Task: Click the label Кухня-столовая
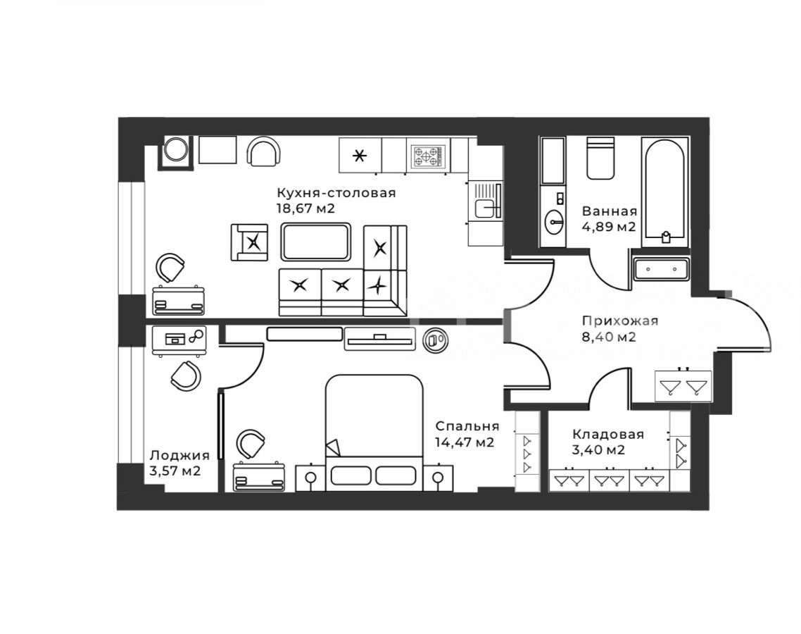[x=336, y=193]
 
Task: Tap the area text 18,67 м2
[x=305, y=209]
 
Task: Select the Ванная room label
[x=610, y=211]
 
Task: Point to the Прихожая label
[x=620, y=321]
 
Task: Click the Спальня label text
[x=467, y=426]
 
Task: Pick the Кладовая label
[x=608, y=435]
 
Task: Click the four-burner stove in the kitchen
[x=428, y=156]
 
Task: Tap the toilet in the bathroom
[x=600, y=158]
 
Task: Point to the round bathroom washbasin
[x=554, y=221]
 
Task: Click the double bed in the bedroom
[x=374, y=433]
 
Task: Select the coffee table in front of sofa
[x=316, y=242]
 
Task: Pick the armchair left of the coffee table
[x=249, y=242]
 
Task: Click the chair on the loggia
[x=186, y=375]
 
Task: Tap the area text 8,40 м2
[x=609, y=337]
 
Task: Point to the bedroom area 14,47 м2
[x=465, y=442]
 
